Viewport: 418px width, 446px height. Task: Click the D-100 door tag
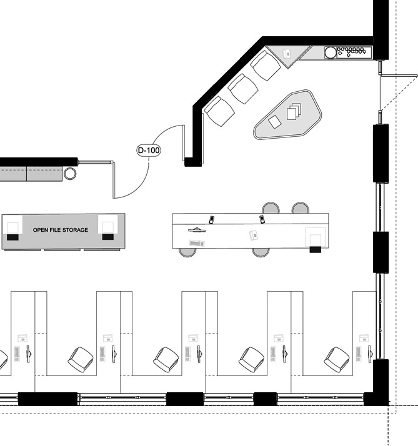tap(149, 150)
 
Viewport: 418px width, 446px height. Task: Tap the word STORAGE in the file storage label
tap(75, 230)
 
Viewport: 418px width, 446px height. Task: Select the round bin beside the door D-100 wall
tap(70, 174)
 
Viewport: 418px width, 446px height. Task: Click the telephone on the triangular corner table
tap(287, 53)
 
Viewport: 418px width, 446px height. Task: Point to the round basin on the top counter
tap(331, 52)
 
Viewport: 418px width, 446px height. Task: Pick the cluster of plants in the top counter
tap(351, 51)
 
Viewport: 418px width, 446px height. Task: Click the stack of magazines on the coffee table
tap(294, 111)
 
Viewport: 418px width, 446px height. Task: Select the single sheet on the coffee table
tap(275, 122)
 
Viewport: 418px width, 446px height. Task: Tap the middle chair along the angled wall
tap(243, 89)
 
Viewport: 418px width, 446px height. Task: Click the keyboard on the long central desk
tap(197, 243)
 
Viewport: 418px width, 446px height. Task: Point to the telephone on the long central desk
tap(254, 235)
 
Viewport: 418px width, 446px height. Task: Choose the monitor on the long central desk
tap(197, 229)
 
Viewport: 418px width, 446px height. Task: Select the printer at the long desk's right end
tap(316, 239)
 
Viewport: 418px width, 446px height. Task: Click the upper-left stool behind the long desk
tap(271, 207)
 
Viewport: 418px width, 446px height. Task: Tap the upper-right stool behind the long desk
tap(300, 207)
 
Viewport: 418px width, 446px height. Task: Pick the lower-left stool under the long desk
tap(187, 252)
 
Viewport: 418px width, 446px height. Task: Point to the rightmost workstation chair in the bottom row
tap(337, 360)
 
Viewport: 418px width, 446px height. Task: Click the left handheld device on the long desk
tap(211, 220)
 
